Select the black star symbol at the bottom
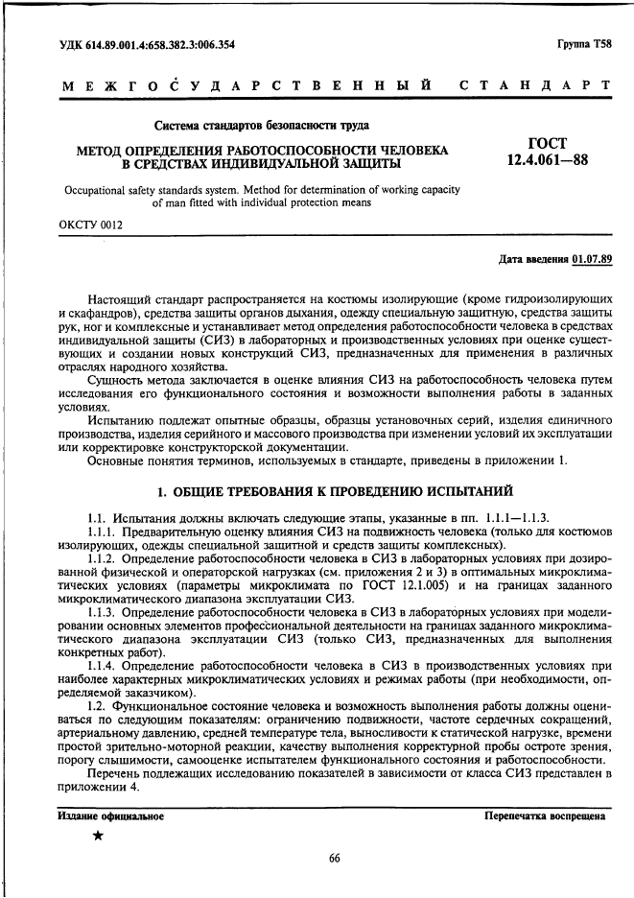click(97, 837)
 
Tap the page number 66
click(335, 858)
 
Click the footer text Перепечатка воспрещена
click(544, 816)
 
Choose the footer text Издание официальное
click(109, 816)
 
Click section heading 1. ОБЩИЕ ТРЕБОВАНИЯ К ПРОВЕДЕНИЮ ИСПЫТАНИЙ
click(335, 492)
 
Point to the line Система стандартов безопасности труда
click(259, 125)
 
